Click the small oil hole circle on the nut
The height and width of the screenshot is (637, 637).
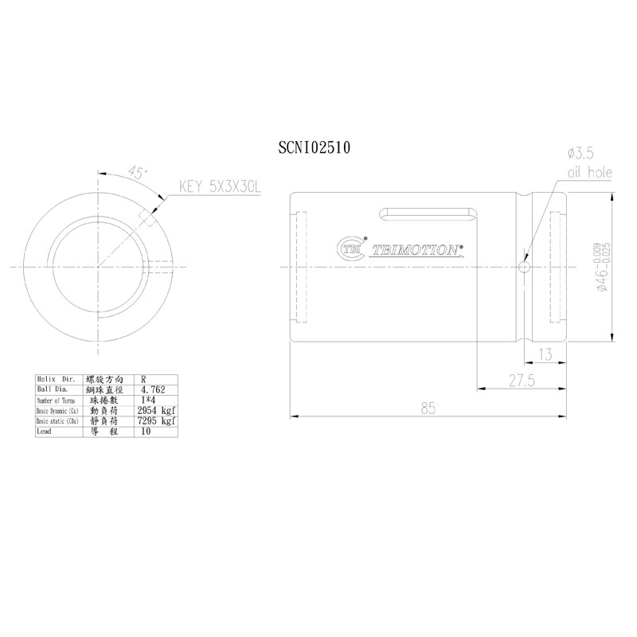[523, 267]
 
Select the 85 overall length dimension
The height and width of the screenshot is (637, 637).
[428, 408]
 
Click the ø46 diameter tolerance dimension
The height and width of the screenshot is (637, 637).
[602, 268]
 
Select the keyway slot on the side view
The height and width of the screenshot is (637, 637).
[429, 213]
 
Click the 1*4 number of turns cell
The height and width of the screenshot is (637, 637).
[148, 400]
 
